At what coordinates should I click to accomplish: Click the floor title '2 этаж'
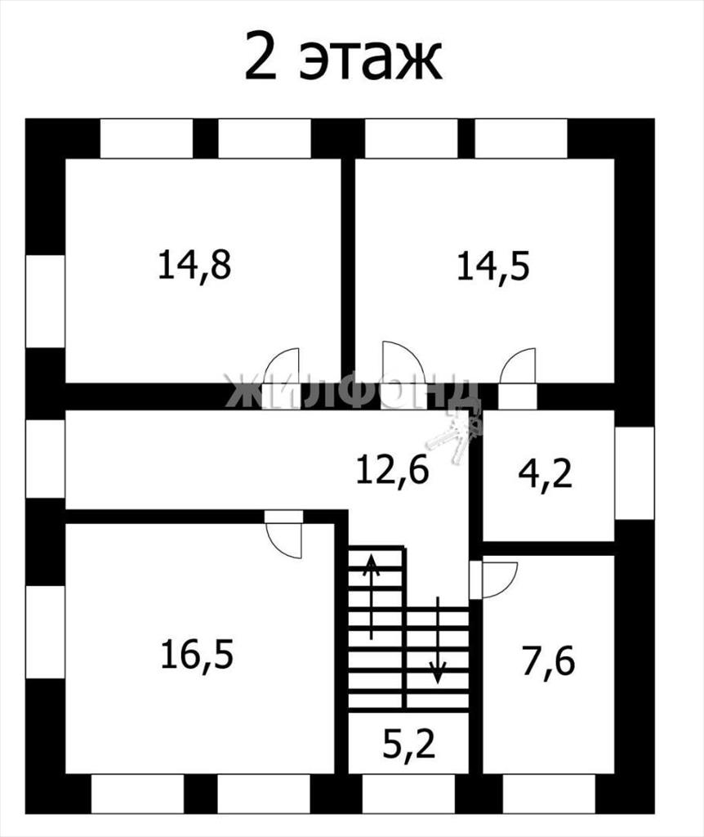tap(344, 57)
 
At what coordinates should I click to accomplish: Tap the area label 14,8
tap(194, 265)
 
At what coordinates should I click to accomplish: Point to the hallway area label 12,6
tap(393, 470)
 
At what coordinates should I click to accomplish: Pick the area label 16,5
tap(197, 655)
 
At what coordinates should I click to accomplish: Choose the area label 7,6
tap(548, 662)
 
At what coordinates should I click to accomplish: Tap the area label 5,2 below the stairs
tap(409, 745)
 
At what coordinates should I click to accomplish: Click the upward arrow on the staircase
tap(372, 596)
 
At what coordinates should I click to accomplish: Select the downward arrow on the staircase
tap(438, 640)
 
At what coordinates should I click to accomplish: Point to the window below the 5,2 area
tap(408, 793)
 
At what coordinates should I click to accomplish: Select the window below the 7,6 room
tap(549, 793)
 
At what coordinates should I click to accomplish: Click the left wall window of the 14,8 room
tap(46, 301)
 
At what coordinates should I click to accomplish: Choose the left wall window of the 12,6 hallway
tap(46, 459)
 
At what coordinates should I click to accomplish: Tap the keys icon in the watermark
tap(454, 433)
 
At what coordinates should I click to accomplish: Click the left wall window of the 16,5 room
tap(46, 633)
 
